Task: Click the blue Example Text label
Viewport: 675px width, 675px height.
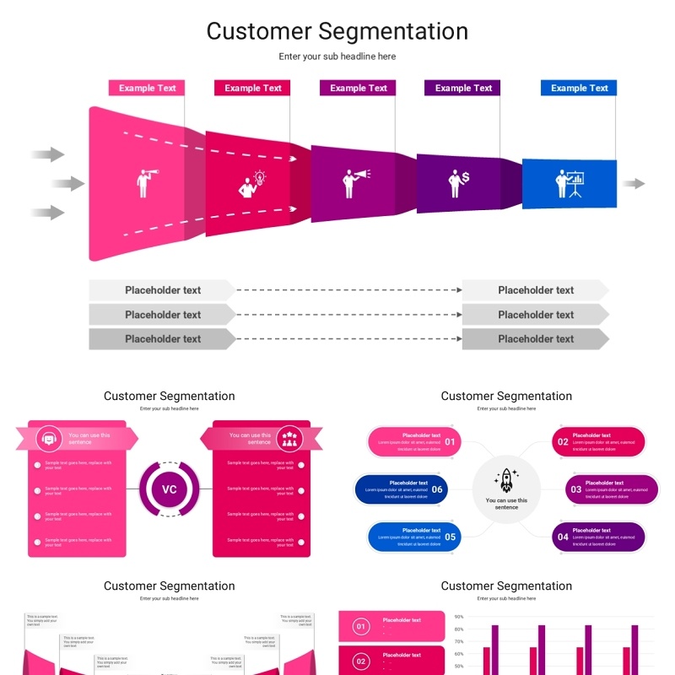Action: click(x=579, y=88)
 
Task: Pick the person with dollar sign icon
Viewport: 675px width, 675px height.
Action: click(x=459, y=182)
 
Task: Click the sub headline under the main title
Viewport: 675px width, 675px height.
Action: click(x=337, y=57)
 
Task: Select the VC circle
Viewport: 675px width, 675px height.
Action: click(x=170, y=489)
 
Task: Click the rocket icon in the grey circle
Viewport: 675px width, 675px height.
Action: click(x=506, y=480)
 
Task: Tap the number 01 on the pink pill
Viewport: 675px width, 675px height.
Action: click(x=450, y=442)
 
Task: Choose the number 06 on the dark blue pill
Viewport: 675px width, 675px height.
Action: click(x=437, y=489)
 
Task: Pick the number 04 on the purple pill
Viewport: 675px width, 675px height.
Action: click(x=563, y=537)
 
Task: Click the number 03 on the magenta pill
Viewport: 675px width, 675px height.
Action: click(x=576, y=489)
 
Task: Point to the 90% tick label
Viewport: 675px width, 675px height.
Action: click(x=459, y=617)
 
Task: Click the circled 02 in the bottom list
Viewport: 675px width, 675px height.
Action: click(x=361, y=661)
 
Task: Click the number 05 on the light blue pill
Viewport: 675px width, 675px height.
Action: click(x=450, y=537)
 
